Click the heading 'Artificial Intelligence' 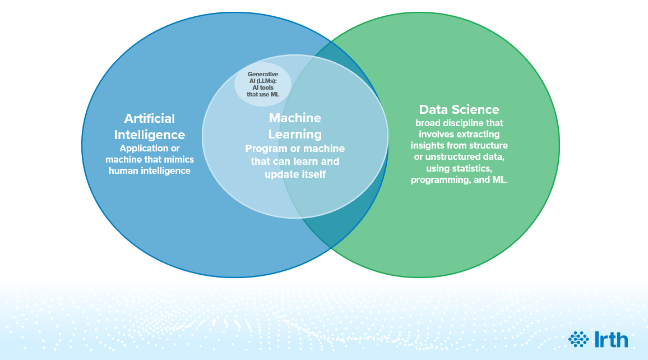click(x=150, y=127)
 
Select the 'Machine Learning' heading click(x=295, y=126)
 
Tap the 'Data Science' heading click(x=459, y=109)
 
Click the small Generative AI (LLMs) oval click(x=262, y=84)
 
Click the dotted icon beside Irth click(x=578, y=339)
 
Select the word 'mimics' click(x=177, y=160)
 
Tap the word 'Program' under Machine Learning click(x=264, y=149)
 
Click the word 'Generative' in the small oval click(x=263, y=74)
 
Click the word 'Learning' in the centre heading click(x=295, y=135)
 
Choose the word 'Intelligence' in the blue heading click(x=150, y=135)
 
